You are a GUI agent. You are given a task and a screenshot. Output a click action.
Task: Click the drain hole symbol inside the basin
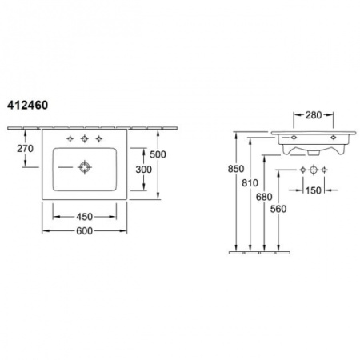click(x=84, y=167)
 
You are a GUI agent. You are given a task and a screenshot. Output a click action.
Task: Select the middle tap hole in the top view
click(x=84, y=138)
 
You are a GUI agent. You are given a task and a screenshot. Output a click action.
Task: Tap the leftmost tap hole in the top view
click(x=70, y=138)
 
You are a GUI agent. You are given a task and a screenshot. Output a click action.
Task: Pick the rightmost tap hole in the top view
click(x=98, y=138)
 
